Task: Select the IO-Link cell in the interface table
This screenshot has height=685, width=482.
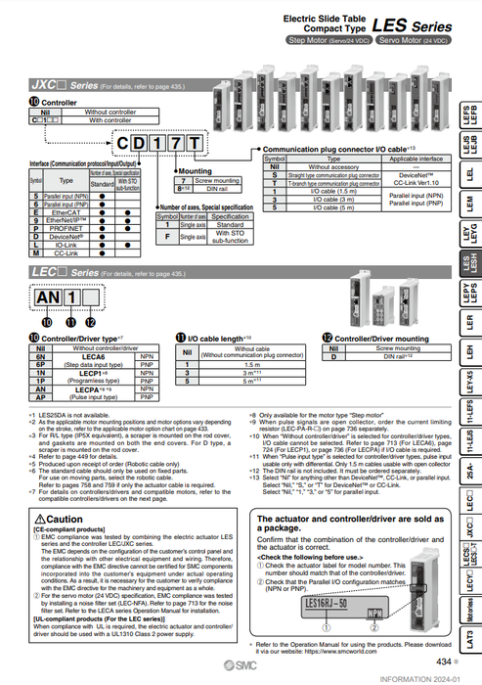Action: tap(67, 245)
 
